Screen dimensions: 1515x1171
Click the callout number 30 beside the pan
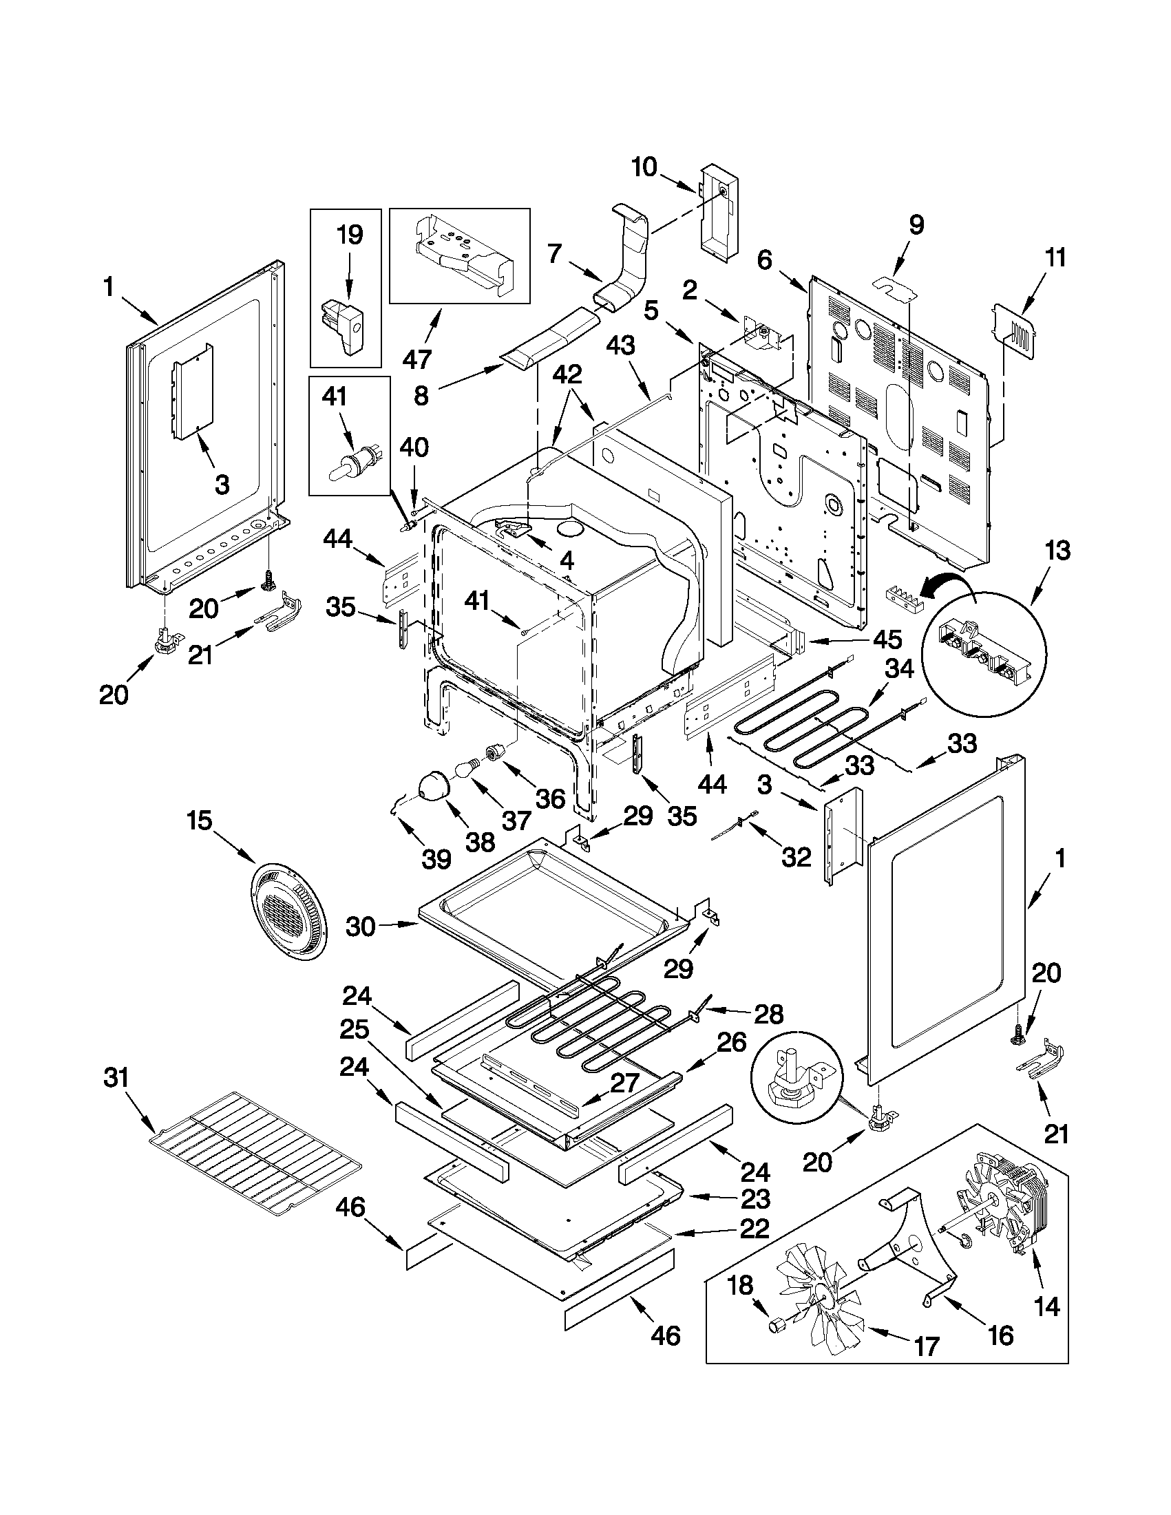tap(361, 926)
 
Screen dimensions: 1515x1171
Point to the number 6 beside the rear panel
tap(763, 261)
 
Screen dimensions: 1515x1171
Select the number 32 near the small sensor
tap(796, 858)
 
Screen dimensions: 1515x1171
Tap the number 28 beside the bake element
tap(769, 1014)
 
